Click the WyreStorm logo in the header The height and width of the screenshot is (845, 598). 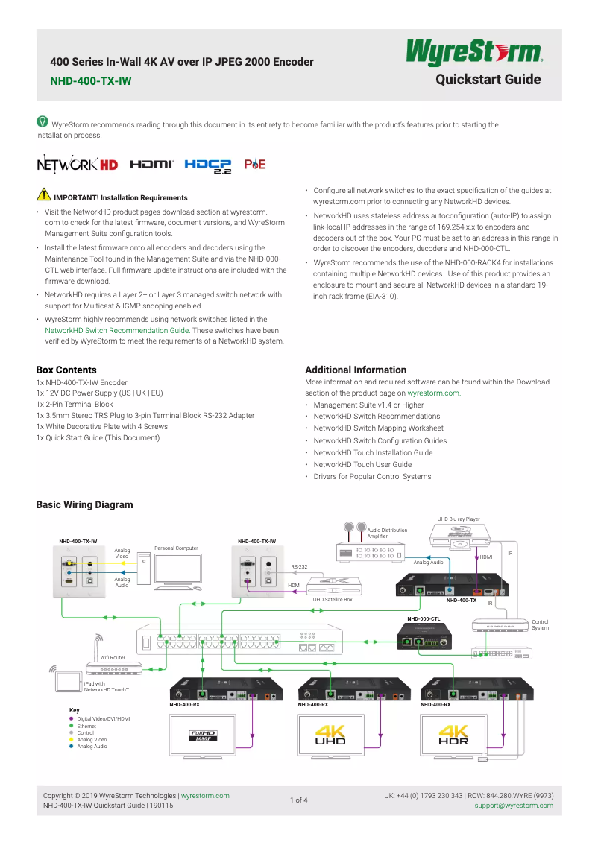point(473,54)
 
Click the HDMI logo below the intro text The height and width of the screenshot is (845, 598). point(152,165)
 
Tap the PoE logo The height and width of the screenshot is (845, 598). point(255,165)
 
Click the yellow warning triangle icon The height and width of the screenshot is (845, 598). point(43,196)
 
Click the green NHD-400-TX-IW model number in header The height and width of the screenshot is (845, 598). point(90,81)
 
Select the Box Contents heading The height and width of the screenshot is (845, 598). point(66,370)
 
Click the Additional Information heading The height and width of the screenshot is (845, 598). point(356,370)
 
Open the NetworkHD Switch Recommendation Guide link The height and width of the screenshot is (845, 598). point(117,330)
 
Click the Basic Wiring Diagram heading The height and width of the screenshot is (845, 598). point(84,504)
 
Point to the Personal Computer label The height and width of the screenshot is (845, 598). point(176,548)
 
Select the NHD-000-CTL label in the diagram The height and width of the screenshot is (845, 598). point(424,618)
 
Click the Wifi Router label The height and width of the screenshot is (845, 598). point(113,657)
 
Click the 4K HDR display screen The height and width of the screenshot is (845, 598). point(453,737)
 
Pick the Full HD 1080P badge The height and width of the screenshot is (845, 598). point(201,735)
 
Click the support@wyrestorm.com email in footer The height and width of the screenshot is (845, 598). point(514,805)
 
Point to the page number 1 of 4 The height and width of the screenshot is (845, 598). point(298,800)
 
